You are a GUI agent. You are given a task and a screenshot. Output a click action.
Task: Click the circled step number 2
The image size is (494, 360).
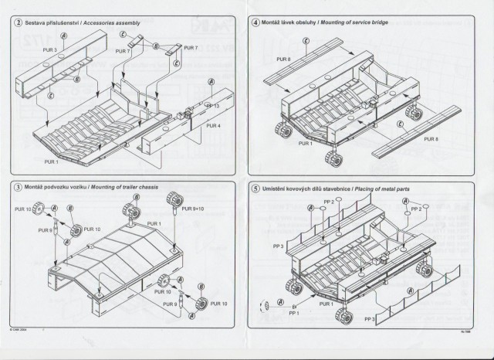[x=17, y=23]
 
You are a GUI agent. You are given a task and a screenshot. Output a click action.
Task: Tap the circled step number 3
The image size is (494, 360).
[x=17, y=188]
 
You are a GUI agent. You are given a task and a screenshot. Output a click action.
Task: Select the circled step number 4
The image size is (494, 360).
[x=256, y=23]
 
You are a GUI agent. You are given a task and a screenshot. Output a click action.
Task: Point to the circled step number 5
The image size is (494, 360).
[x=256, y=188]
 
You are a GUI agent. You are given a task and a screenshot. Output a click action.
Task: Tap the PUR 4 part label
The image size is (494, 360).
[x=213, y=126]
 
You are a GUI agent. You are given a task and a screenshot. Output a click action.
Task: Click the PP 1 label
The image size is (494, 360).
[x=293, y=313]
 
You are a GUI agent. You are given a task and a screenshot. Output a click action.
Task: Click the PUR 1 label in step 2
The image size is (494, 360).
[x=51, y=162]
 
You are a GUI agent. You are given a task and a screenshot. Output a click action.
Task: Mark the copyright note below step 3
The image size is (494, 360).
[x=19, y=328]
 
